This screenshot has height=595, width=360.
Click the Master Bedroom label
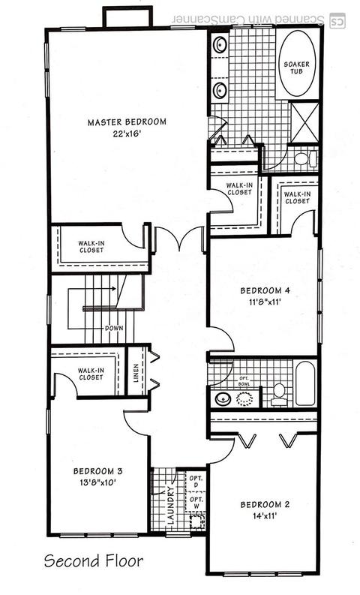tap(127, 122)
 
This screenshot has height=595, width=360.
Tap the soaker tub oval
tap(297, 63)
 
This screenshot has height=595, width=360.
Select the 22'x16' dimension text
tap(127, 134)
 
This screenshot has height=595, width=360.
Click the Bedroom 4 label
tap(265, 290)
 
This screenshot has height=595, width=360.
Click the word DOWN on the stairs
tap(114, 328)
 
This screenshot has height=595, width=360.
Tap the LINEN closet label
tap(136, 374)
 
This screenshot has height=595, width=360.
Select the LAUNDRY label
tap(170, 506)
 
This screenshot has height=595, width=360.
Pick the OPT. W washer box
tap(196, 503)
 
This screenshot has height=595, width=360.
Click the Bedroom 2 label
tap(265, 505)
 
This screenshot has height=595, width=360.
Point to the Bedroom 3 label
tap(97, 471)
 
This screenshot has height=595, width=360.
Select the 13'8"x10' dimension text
tap(97, 482)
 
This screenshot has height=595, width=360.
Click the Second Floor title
tap(94, 560)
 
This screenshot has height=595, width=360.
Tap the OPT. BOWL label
tap(244, 381)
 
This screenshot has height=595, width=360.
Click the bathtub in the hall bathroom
tap(305, 383)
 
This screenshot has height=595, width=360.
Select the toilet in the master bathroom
tap(306, 159)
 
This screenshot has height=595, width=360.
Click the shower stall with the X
tap(305, 122)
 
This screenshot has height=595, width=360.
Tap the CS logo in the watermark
tap(337, 20)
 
